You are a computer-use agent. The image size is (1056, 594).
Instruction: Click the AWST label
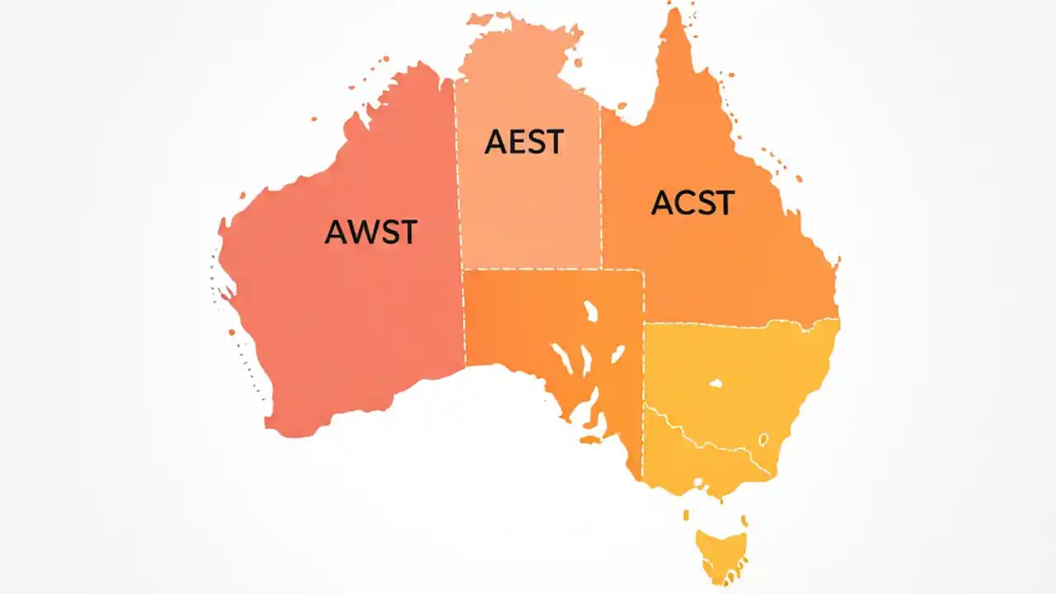tap(371, 232)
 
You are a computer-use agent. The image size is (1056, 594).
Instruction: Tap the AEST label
tap(523, 142)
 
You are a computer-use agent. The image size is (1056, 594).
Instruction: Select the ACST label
tap(692, 202)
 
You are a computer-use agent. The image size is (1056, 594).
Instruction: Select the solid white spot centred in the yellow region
tap(715, 384)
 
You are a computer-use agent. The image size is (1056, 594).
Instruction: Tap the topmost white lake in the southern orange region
tap(591, 312)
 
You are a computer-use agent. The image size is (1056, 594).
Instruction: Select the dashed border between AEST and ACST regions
tap(601, 190)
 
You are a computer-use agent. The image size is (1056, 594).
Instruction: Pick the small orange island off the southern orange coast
tap(591, 440)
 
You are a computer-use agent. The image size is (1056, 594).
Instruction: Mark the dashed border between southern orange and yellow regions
tap(643, 388)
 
